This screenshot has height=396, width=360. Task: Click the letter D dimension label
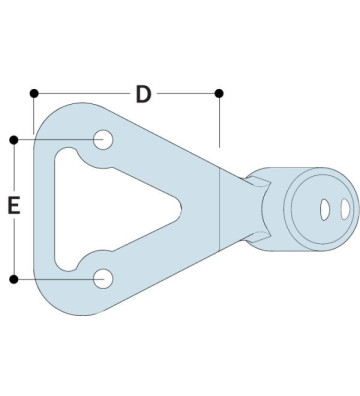click(143, 95)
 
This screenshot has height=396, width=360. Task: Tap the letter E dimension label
click(14, 207)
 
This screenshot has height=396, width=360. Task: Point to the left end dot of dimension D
click(34, 94)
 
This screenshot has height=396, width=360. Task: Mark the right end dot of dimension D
click(220, 94)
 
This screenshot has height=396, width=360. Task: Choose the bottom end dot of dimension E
click(14, 278)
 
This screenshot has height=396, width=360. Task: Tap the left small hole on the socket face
click(323, 209)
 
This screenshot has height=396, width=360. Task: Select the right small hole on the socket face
click(341, 209)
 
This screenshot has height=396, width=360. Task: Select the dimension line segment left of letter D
click(85, 94)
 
